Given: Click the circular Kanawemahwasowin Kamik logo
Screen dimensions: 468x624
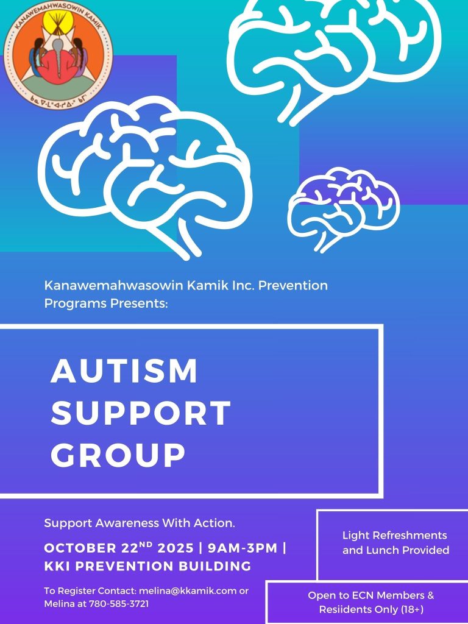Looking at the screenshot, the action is [58, 55].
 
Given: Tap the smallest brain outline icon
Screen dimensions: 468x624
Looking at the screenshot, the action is [344, 210].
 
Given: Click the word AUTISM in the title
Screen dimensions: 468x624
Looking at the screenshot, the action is [124, 370].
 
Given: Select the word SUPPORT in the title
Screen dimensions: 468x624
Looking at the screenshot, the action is [141, 413].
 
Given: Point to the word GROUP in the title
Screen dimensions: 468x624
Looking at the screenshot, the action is [118, 454].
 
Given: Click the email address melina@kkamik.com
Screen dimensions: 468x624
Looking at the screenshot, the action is [188, 590].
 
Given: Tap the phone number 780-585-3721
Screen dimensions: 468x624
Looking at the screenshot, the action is [119, 604].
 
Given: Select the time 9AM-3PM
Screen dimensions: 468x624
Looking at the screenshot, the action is [243, 548].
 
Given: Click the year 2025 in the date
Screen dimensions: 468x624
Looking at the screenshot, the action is [175, 548].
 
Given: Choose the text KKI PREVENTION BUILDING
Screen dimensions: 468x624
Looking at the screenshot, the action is [147, 566].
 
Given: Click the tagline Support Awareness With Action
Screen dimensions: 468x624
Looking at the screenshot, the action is [140, 523].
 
